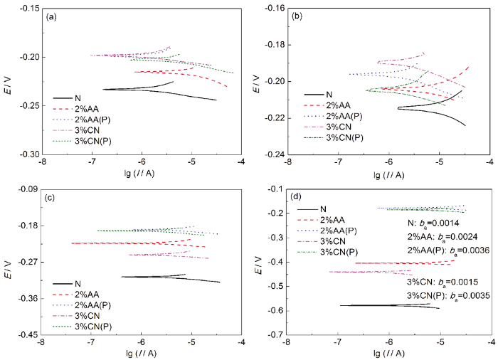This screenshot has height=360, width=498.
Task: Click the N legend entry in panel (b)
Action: (x=329, y=94)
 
